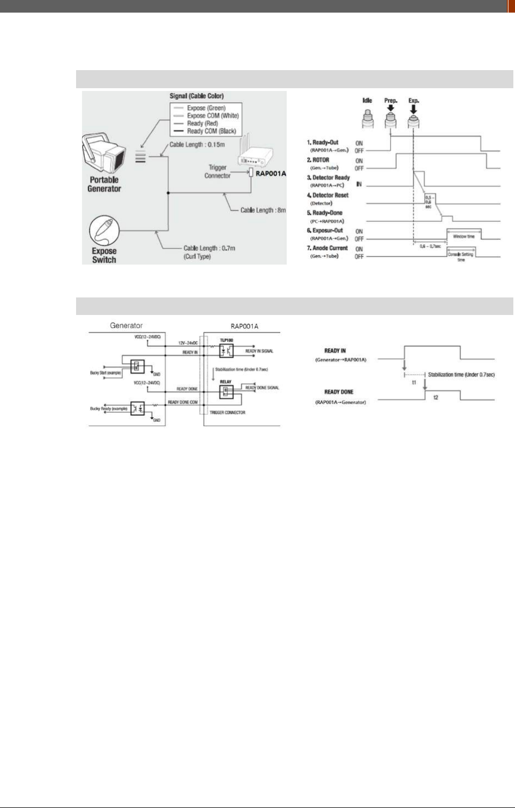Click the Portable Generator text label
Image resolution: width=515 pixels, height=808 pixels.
point(104,184)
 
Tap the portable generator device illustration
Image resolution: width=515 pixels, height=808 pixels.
point(103,153)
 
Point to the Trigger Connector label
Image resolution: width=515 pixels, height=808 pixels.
point(217,171)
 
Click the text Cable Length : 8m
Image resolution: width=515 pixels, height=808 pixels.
point(263,210)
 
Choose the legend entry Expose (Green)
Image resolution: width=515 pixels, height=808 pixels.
point(206,108)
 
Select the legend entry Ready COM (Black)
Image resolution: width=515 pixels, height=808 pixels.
point(211,131)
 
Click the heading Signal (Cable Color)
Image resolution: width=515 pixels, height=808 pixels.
point(196,96)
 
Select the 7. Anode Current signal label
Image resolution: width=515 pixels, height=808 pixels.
point(327,248)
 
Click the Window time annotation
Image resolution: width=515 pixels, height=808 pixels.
point(464,237)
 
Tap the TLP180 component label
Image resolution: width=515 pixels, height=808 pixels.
point(226,340)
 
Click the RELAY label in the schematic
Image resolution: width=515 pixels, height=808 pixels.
point(225,382)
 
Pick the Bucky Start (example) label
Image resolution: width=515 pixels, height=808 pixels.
point(106,373)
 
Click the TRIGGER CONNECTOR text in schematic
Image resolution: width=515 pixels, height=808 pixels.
point(228,412)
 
